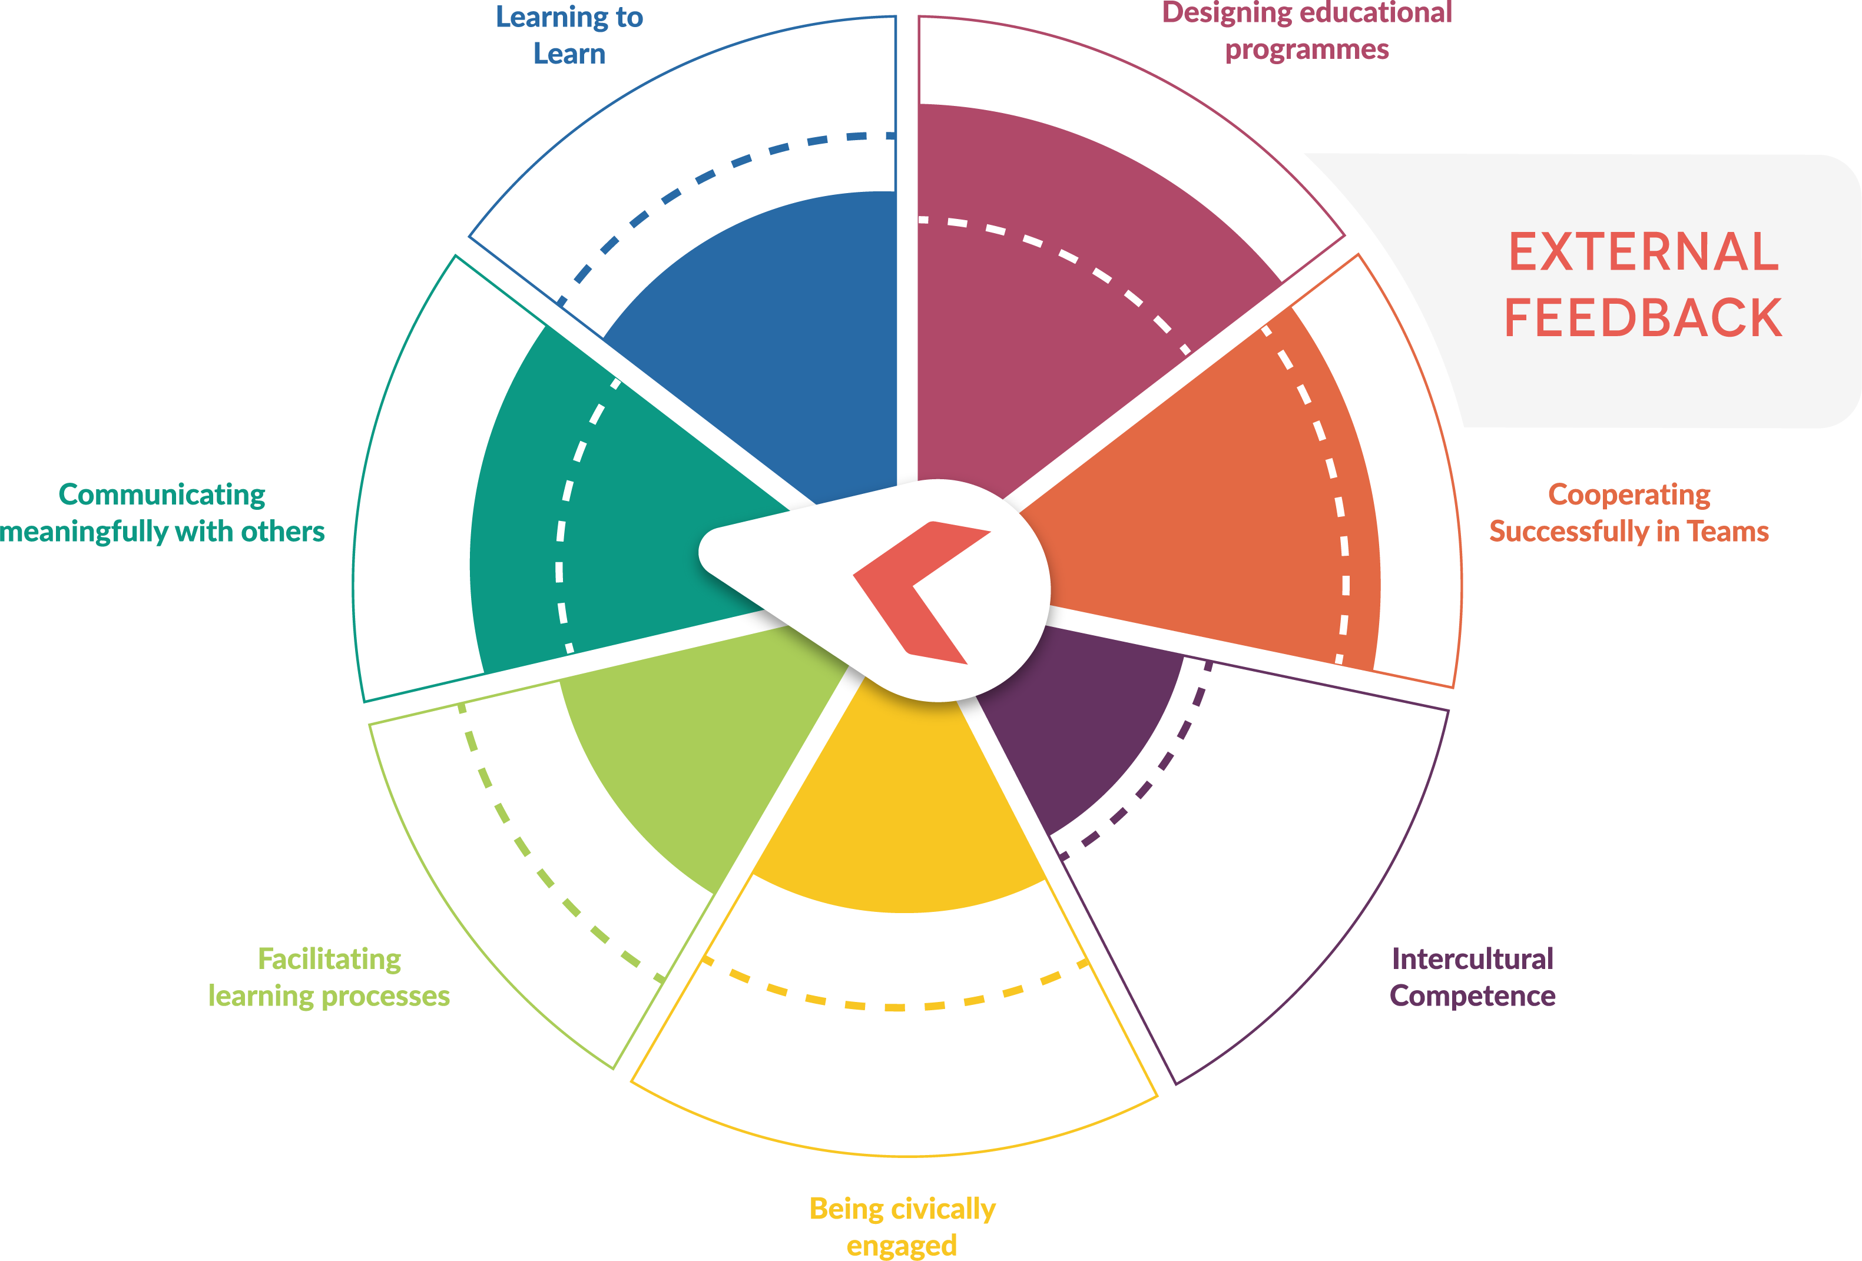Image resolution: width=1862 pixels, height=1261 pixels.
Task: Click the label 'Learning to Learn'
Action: (569, 35)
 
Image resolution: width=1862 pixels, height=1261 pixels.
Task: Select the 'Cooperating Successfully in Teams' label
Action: (1628, 513)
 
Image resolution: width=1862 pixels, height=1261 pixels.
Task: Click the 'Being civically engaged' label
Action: (902, 1226)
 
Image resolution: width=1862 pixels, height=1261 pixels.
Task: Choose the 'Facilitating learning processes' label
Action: (329, 977)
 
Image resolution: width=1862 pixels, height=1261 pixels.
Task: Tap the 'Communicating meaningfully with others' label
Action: (162, 513)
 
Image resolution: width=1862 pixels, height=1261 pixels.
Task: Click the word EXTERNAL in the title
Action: (1644, 253)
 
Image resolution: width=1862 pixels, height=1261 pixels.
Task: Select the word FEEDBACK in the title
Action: (1644, 318)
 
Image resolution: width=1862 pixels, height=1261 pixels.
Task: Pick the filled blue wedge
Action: (769, 337)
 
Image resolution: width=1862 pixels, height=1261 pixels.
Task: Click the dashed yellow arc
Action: (896, 1006)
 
